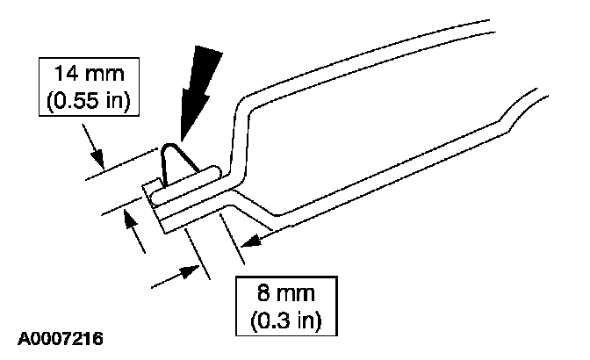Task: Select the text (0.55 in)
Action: coord(85,102)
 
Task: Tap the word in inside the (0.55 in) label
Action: coord(112,102)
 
